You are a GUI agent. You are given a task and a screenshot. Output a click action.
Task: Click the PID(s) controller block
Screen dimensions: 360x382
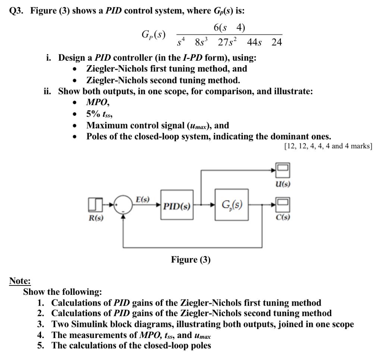pyautogui.click(x=176, y=205)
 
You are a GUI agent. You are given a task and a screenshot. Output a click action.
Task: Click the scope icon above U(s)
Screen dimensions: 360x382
pyautogui.click(x=282, y=170)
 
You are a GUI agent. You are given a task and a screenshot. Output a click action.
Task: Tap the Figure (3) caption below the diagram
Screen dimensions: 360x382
pyautogui.click(x=191, y=259)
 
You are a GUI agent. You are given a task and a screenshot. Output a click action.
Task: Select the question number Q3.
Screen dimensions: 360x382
pyautogui.click(x=16, y=10)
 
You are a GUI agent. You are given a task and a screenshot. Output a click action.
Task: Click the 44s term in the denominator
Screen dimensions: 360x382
pyautogui.click(x=255, y=42)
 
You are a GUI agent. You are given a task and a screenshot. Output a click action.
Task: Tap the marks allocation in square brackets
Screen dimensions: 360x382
pyautogui.click(x=328, y=146)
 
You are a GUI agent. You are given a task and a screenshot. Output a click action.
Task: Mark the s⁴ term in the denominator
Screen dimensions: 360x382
pyautogui.click(x=181, y=42)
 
